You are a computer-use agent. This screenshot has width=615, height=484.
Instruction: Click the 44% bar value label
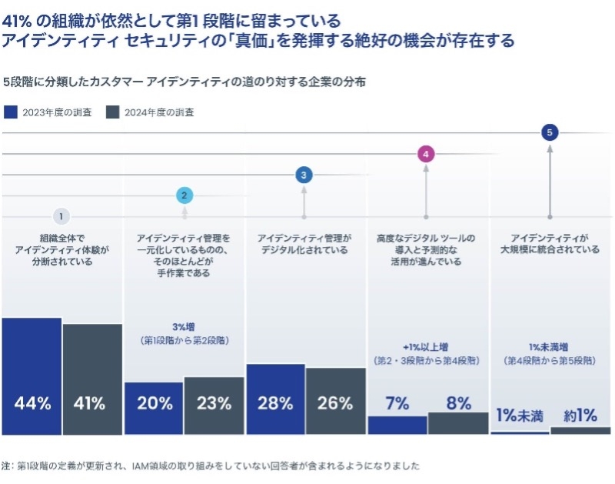32,403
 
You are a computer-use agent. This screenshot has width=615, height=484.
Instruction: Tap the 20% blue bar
154,408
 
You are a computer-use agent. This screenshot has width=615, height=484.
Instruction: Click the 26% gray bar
335,401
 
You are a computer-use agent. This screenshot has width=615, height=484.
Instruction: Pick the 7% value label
397,403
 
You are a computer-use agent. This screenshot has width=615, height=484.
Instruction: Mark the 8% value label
458,402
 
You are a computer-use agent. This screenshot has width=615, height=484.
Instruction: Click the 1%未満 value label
520,416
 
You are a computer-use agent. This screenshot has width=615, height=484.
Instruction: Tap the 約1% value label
580,416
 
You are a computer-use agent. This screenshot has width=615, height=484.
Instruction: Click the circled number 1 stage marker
61,216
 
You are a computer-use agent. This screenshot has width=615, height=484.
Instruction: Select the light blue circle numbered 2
184,195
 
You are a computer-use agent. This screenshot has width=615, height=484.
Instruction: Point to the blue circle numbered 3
304,175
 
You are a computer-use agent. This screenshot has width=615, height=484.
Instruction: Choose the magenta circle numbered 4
426,154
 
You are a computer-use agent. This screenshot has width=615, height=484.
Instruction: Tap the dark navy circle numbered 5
549,132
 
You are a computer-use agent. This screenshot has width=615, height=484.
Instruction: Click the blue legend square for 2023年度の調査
11,112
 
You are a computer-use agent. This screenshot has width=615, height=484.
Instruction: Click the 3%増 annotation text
184,326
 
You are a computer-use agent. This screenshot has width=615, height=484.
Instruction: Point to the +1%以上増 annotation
427,346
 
